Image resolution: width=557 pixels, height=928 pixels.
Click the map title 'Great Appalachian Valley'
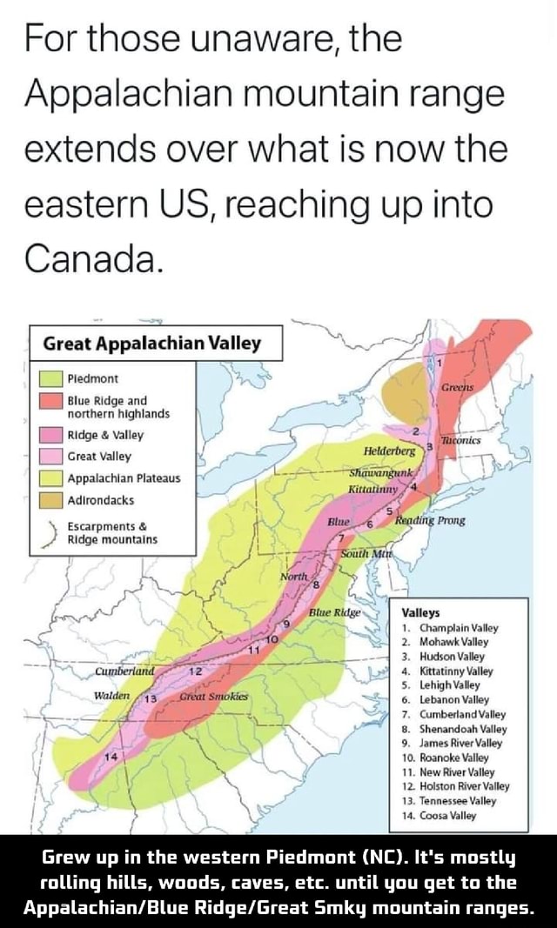pyautogui.click(x=153, y=343)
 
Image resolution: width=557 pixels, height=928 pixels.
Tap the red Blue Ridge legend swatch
pyautogui.click(x=50, y=400)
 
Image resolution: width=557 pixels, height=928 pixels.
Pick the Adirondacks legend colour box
pyautogui.click(x=50, y=499)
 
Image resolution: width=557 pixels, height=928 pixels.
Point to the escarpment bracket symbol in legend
pyautogui.click(x=49, y=531)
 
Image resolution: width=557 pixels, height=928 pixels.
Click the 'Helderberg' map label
pyautogui.click(x=393, y=451)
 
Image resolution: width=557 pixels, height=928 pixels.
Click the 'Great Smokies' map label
pyautogui.click(x=213, y=697)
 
